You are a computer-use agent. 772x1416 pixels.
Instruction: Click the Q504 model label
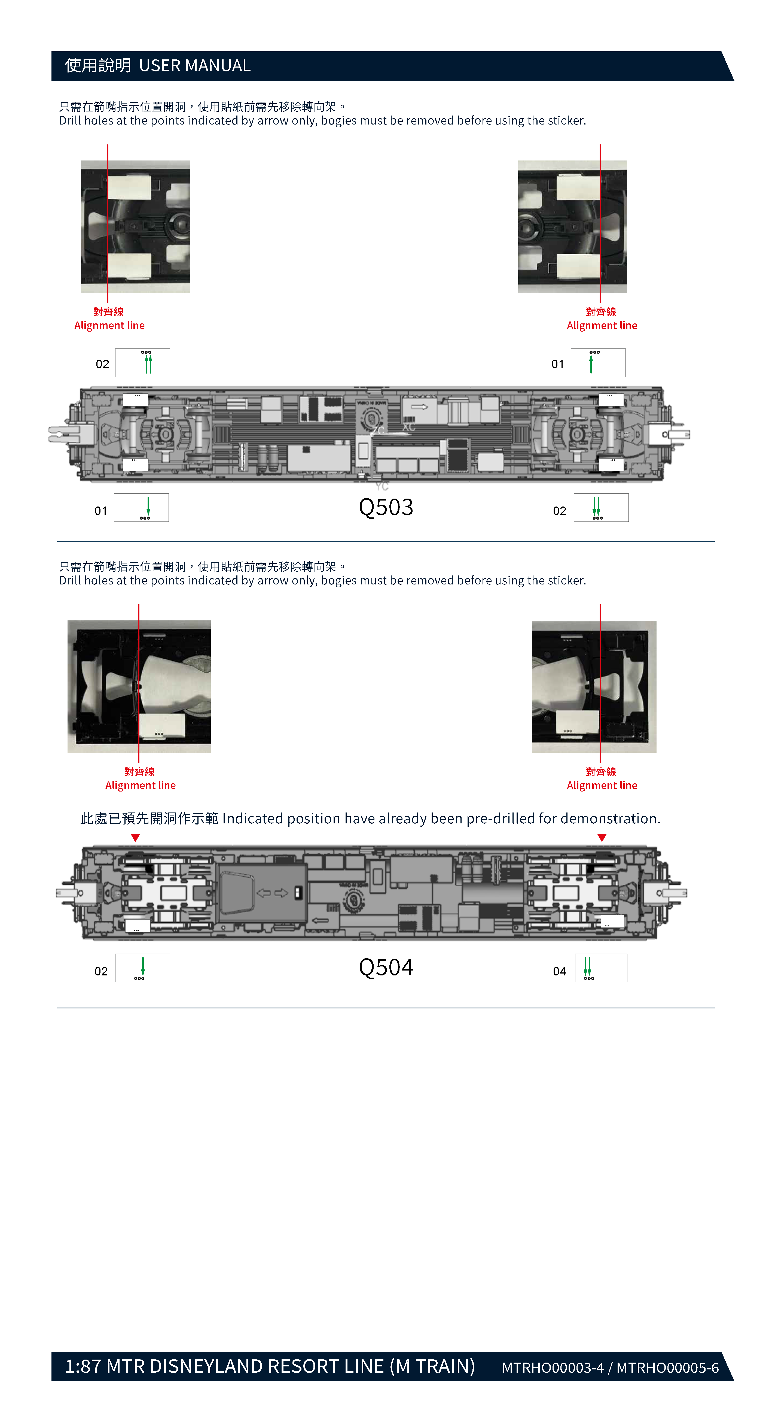(386, 968)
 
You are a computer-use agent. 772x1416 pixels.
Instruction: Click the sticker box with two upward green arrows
(142, 363)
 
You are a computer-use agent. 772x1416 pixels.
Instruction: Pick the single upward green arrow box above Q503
(598, 363)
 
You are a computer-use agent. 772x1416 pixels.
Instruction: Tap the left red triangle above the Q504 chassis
(135, 838)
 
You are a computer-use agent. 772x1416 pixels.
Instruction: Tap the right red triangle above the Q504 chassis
(602, 838)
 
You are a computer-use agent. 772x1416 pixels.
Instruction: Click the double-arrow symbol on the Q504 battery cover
(273, 893)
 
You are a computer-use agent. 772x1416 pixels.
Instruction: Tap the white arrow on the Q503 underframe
(420, 407)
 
